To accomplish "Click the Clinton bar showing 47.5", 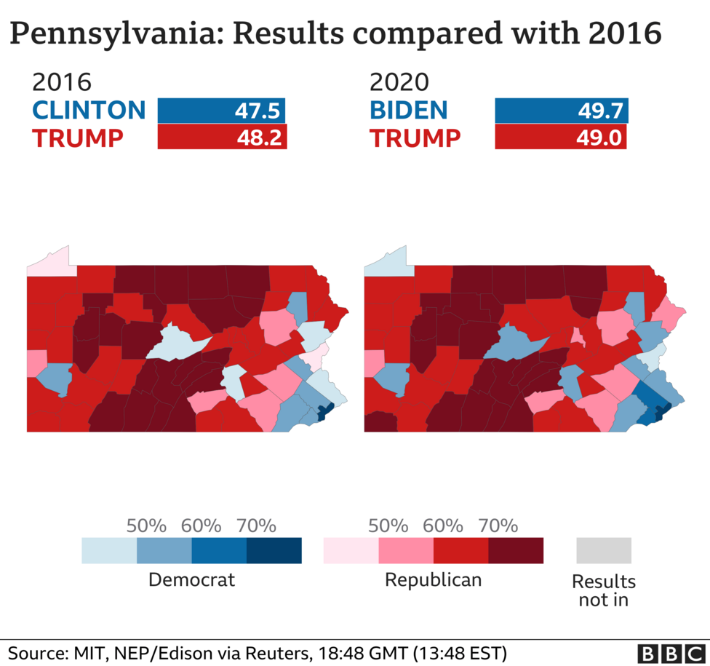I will (221, 111).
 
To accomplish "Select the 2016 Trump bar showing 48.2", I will (222, 137).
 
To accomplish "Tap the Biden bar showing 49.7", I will (561, 111).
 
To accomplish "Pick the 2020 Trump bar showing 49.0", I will (560, 137).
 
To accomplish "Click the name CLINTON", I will (89, 111).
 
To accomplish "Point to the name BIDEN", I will (408, 111).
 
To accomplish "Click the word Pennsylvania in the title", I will (108, 35).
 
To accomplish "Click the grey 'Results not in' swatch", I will (603, 551).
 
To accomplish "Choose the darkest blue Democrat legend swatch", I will (274, 551).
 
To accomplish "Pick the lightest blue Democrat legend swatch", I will (109, 551).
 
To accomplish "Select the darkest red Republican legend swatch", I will (516, 551).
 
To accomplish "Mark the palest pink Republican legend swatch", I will (351, 551).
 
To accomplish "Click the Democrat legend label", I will (191, 580).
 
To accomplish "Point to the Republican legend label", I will (433, 580).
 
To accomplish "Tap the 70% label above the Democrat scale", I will (256, 526).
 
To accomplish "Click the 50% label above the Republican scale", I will (388, 526).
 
